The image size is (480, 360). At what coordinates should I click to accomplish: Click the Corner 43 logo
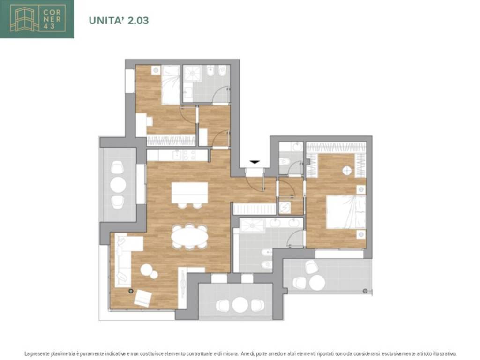coord(37,19)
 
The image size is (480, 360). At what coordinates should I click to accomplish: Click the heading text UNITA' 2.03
coord(119,21)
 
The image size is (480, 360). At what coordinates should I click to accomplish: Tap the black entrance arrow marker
coord(255,162)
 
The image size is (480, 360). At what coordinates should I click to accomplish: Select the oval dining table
coord(189,237)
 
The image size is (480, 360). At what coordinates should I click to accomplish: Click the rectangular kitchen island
coord(190,193)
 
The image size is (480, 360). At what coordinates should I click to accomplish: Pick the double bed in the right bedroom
coord(346,212)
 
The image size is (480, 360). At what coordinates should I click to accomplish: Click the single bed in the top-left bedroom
coord(171,85)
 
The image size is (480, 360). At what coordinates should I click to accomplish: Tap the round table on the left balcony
coord(118,185)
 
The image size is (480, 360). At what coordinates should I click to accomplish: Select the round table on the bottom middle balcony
coord(240,305)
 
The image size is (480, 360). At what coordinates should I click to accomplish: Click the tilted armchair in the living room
coord(143,298)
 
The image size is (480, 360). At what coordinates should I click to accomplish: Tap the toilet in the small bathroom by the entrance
coord(285,161)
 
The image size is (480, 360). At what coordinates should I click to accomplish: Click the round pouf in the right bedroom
coord(347,170)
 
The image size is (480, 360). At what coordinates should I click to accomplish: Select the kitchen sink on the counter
coord(177,155)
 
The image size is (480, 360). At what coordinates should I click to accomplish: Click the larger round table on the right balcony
coord(317,282)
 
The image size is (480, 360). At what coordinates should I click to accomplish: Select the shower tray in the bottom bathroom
coord(252,225)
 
